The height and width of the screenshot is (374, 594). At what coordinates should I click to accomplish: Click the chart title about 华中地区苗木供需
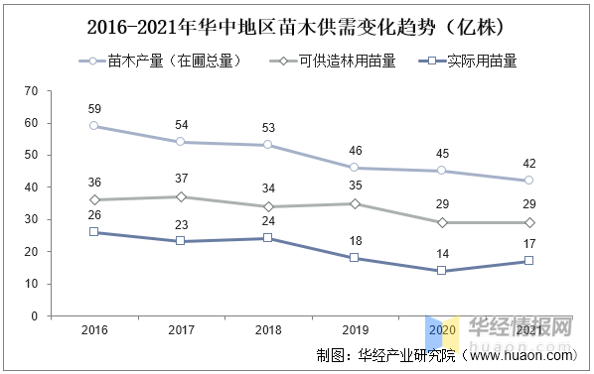tap(296, 24)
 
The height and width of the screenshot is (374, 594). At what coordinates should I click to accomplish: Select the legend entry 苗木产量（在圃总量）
tap(174, 61)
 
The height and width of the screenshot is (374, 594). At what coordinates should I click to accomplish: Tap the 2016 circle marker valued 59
tap(93, 126)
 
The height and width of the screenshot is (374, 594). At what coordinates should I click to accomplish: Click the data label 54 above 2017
tap(180, 125)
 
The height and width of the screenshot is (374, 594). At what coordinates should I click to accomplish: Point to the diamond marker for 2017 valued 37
tap(180, 196)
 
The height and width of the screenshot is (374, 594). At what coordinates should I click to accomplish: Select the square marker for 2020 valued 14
tap(441, 271)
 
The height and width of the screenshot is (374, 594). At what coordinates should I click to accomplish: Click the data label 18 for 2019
tap(355, 241)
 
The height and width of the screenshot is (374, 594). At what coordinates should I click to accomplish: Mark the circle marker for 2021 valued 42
tap(528, 181)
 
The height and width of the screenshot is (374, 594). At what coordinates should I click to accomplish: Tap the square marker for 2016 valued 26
tap(93, 232)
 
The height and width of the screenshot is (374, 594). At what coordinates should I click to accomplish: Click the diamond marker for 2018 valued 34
tap(267, 206)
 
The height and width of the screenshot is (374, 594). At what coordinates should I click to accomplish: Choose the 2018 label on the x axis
tap(267, 330)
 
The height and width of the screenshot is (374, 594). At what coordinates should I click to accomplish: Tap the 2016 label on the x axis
tap(93, 330)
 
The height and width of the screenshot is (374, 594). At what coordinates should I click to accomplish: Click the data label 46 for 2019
tap(355, 151)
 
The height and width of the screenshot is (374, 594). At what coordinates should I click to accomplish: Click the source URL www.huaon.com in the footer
tap(520, 354)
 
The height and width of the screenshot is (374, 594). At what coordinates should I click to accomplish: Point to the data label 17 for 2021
tap(528, 244)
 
